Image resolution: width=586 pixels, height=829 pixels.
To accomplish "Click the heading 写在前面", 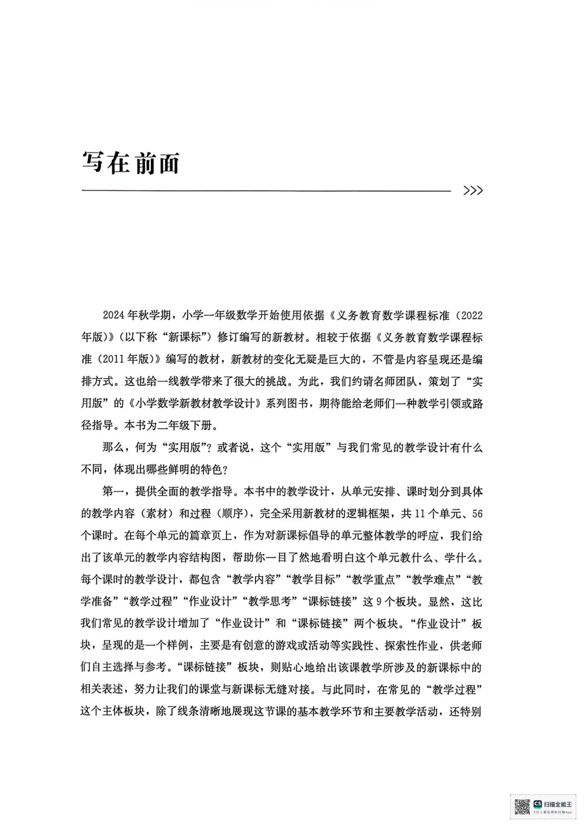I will pyautogui.click(x=130, y=162).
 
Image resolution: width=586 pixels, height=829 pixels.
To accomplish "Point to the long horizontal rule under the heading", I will pyautogui.click(x=266, y=190).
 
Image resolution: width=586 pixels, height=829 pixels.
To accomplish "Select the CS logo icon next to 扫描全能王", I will pyautogui.click(x=538, y=804).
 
